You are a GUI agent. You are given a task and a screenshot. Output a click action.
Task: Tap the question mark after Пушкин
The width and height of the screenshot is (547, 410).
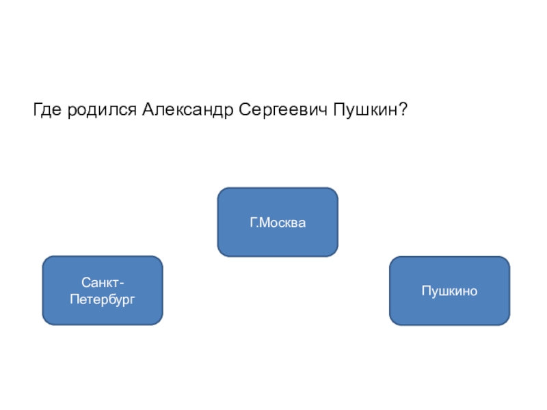(404, 109)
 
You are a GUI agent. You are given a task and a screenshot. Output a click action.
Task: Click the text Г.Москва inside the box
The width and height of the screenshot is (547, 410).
(278, 223)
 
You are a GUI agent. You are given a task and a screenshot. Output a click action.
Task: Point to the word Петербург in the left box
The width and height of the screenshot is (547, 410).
(103, 299)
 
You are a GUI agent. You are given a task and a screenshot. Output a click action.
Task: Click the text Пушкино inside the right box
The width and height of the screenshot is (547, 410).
(449, 291)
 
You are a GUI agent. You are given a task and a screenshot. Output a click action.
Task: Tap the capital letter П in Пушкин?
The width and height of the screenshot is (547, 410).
(339, 109)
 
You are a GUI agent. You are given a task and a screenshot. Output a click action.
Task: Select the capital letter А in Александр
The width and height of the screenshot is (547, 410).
(148, 109)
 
